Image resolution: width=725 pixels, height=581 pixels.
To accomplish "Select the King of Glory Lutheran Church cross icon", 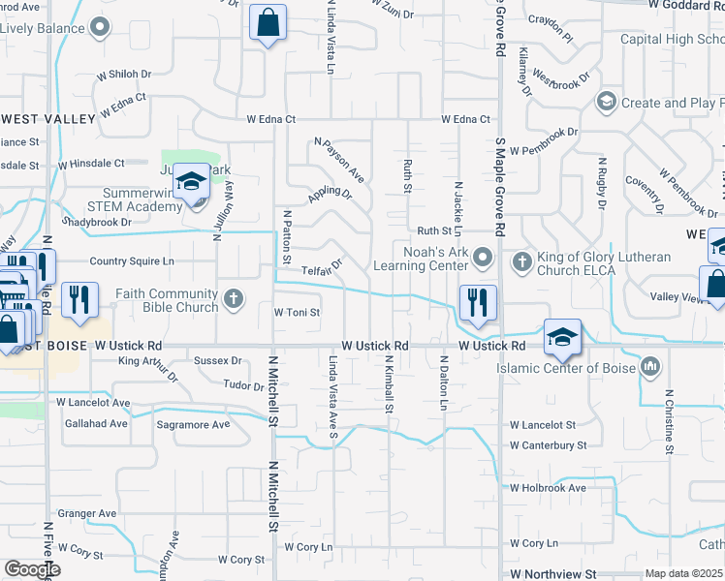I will [x=521, y=260].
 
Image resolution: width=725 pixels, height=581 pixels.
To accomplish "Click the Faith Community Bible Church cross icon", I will [x=234, y=298].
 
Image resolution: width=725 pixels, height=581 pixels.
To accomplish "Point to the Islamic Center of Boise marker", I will [x=649, y=367].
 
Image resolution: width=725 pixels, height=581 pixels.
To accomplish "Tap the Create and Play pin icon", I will [x=607, y=102].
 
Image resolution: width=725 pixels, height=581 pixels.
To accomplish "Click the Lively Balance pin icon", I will [x=98, y=27].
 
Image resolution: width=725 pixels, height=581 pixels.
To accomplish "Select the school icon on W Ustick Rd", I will [x=562, y=336].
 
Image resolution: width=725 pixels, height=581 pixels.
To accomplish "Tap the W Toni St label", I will [x=297, y=313].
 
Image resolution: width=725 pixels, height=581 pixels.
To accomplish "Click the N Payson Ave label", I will [x=338, y=160].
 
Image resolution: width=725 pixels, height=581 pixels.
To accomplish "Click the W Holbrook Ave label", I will [x=548, y=488].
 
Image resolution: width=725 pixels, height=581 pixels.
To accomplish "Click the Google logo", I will [x=32, y=568].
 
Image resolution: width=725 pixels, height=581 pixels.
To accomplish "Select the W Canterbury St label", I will [x=549, y=445].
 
